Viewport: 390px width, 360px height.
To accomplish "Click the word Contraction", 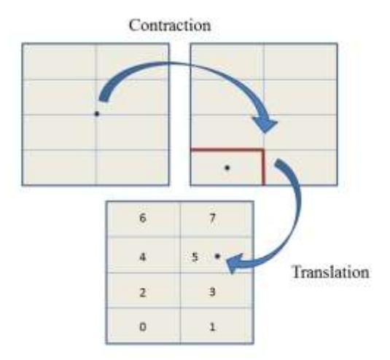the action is click(170, 25).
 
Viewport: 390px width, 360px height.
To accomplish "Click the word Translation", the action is click(331, 272).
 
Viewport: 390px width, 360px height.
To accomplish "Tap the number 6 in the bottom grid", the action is click(143, 219).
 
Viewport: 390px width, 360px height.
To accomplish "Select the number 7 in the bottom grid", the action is click(212, 219).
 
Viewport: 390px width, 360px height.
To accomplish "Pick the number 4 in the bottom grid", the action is click(142, 257).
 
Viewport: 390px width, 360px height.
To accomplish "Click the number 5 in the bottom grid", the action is click(195, 257).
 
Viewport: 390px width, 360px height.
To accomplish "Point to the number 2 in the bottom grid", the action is click(142, 293).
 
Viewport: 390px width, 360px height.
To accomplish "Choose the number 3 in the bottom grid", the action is click(212, 292).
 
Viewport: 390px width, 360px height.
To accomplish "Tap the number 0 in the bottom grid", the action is click(143, 327).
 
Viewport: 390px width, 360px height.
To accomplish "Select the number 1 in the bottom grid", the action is click(212, 327).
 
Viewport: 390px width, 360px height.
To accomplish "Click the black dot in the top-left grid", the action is click(97, 114).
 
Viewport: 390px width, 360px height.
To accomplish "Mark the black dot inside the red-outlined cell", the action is click(227, 168).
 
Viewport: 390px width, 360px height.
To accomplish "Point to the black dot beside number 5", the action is click(218, 256).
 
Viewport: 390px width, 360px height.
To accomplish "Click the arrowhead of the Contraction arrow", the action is click(265, 125).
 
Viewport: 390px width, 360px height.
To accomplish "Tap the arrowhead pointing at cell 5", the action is click(234, 264).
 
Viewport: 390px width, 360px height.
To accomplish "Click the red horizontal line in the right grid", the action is click(227, 149).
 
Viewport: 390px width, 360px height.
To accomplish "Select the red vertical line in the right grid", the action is click(264, 168).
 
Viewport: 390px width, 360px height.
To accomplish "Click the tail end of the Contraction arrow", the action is click(104, 100).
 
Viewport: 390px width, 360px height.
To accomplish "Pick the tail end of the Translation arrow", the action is click(279, 162).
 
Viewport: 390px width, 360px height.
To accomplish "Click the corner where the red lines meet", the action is click(264, 149).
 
